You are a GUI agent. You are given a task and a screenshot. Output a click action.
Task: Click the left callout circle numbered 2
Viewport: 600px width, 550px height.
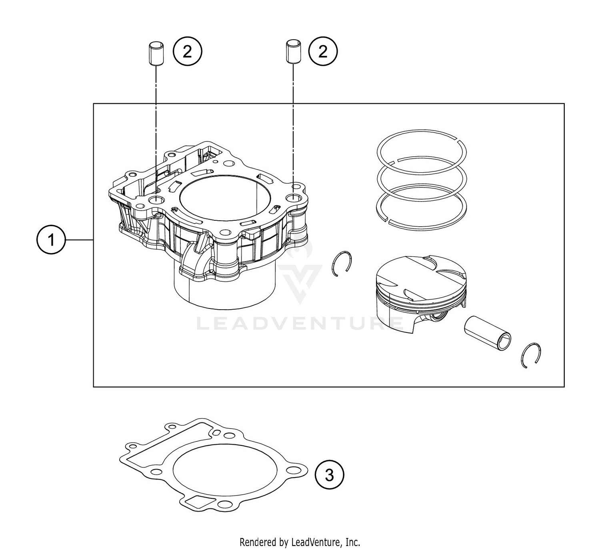(x=188, y=51)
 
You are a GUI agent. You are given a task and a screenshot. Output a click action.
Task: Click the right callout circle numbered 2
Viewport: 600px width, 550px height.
(x=323, y=51)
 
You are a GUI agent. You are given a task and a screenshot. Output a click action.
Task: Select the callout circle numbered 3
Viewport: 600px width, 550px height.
(x=329, y=475)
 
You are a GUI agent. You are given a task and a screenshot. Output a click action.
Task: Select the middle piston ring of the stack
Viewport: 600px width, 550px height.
(x=422, y=157)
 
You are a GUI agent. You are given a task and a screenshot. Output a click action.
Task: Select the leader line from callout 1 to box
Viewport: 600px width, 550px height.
(x=79, y=240)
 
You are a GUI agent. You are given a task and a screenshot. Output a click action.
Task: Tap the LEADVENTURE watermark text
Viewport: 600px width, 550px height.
(x=300, y=323)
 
